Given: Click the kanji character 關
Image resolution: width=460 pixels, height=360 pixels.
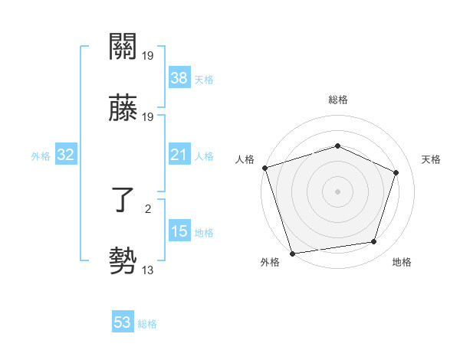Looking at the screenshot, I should coord(123,47).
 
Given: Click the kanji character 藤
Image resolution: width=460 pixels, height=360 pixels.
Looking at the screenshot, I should coord(123,109).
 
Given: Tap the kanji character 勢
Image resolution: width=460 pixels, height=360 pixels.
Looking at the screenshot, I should coord(123,262).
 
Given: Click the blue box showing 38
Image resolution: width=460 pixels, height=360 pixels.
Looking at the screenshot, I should coord(179,78).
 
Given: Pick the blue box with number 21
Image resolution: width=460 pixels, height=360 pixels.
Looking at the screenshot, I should coord(179,155).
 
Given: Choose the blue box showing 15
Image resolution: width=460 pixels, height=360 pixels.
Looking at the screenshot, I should coord(179,232).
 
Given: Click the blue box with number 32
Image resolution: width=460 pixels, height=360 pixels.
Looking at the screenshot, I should coord(66,155).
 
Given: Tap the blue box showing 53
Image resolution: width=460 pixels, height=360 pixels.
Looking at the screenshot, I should coord(123,322).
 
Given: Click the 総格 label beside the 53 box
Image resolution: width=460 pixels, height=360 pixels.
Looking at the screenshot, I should coord(147,324).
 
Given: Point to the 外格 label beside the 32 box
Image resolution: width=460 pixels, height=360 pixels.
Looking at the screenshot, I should coord(41,156).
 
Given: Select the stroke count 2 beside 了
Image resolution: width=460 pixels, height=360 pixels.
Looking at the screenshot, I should coord(147,208).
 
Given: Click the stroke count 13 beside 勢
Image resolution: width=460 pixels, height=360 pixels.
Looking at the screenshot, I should coord(148,269).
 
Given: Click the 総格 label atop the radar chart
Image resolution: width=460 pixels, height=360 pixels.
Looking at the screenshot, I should coord(338,100).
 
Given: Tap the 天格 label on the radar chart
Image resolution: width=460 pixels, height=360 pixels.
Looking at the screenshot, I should coord(432,159).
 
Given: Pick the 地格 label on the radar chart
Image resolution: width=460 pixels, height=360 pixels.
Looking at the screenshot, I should coord(402,262).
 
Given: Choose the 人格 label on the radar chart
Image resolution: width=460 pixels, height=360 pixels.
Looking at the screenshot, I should coord(245,159).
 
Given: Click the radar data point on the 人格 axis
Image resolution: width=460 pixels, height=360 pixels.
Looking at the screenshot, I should coord(264,168).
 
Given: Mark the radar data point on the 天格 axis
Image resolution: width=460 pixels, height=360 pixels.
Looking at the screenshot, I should coord(396,172).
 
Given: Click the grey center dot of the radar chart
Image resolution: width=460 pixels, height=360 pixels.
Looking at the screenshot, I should coord(337,191).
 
